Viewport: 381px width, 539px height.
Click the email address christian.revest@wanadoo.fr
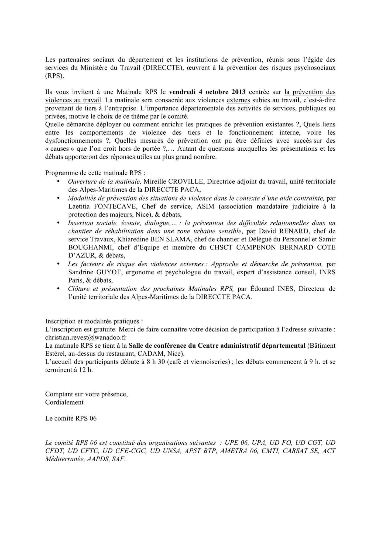[86, 337]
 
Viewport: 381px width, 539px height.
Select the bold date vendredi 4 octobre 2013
[207, 92]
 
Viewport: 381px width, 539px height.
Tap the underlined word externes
[238, 100]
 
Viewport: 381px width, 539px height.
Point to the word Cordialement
[64, 402]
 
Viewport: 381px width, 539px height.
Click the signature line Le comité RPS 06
[71, 419]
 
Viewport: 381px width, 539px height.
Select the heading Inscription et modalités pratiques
[94, 321]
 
